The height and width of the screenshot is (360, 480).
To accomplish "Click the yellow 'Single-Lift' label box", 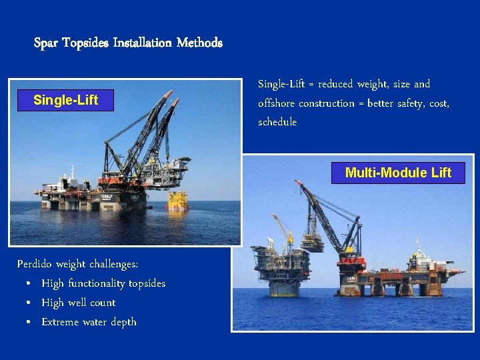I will click(65, 100).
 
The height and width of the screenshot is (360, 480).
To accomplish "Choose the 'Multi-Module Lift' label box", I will click(398, 173).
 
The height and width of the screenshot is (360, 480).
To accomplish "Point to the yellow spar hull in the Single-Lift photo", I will click(177, 200).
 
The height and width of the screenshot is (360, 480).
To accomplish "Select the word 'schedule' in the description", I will click(277, 123).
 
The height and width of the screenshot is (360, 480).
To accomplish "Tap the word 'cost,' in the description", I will click(438, 103).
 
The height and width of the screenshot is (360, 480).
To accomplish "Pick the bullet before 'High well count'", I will click(30, 303).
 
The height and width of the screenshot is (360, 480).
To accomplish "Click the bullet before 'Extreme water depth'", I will click(30, 323).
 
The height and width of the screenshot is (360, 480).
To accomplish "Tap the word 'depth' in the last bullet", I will click(123, 323).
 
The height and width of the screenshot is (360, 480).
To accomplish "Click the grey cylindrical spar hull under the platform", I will click(284, 288).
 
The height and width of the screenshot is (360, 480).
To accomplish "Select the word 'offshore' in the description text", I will click(276, 103).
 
